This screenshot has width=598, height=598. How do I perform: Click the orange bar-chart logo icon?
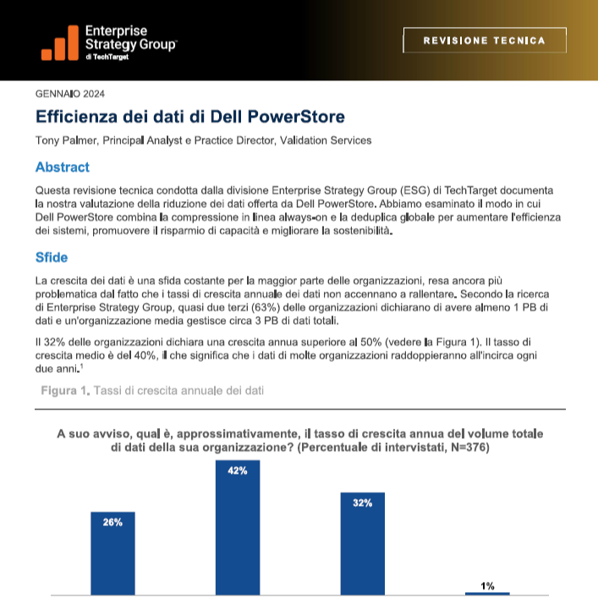60,42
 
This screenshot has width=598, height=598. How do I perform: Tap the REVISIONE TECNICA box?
485,40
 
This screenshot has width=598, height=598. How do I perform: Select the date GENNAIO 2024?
70,94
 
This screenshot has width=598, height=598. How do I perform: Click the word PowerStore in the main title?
296,117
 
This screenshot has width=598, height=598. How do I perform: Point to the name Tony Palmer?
67,140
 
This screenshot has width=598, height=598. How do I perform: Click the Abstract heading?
62,167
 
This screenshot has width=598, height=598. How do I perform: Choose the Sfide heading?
52,257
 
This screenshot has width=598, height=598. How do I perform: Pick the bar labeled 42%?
238,528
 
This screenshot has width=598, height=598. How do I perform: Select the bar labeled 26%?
112,553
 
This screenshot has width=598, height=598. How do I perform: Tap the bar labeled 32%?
362,544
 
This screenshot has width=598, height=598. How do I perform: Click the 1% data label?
487,586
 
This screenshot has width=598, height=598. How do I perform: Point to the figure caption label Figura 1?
65,391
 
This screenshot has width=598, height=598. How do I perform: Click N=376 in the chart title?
468,447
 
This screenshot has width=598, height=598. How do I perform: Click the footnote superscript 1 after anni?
81,366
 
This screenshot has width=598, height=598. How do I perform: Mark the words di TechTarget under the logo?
107,57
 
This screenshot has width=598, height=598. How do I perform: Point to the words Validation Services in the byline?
326,140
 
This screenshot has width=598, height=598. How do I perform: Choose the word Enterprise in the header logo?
116,31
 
